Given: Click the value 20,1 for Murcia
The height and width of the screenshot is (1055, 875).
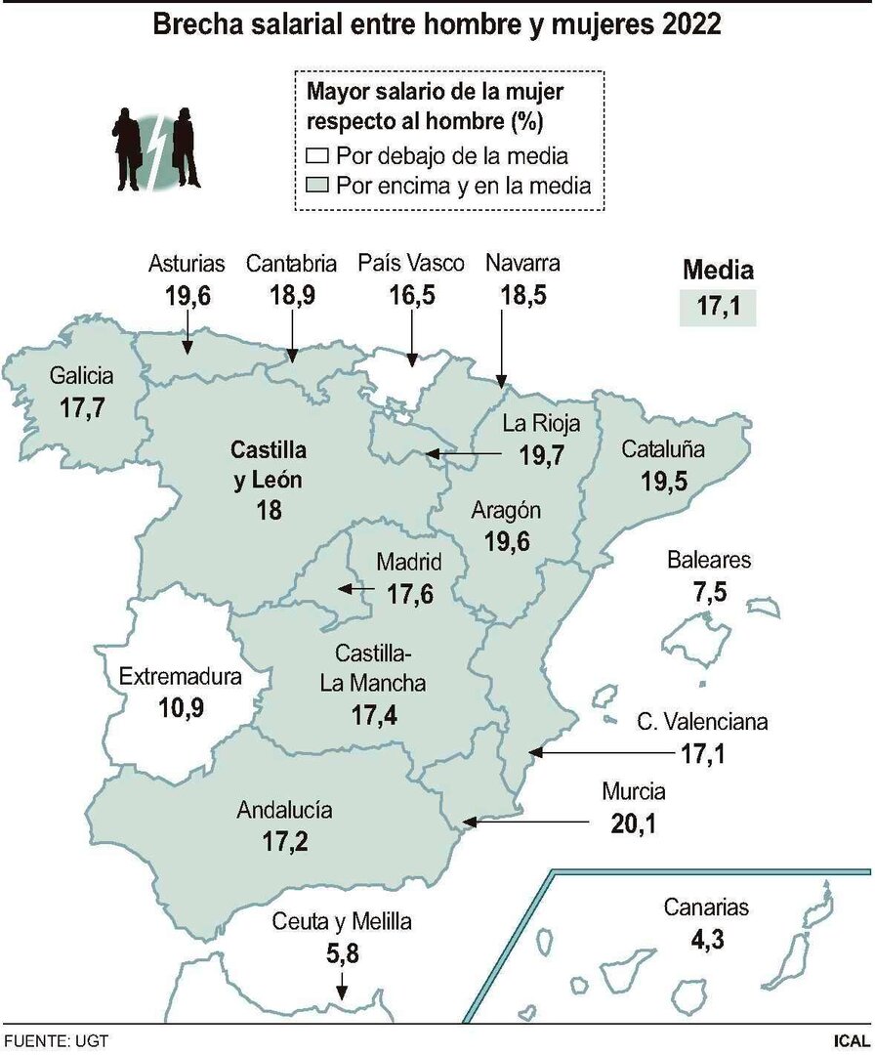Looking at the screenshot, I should point(633,823).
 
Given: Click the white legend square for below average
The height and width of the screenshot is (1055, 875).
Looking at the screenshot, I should point(317,156).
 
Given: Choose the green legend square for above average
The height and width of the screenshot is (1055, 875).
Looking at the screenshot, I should point(317,186).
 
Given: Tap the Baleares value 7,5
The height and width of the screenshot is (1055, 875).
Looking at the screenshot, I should point(709,592).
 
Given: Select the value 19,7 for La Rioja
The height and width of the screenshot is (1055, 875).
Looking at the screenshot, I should point(543,455).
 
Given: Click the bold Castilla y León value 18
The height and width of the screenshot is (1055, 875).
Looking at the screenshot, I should point(269,510).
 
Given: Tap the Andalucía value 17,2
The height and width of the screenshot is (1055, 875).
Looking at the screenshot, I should point(284,840).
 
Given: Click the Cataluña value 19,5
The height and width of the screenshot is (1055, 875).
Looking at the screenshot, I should point(665,481).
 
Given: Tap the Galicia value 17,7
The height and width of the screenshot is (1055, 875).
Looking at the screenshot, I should point(82,407).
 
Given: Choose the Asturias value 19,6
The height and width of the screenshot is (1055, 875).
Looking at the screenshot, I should point(187,295).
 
